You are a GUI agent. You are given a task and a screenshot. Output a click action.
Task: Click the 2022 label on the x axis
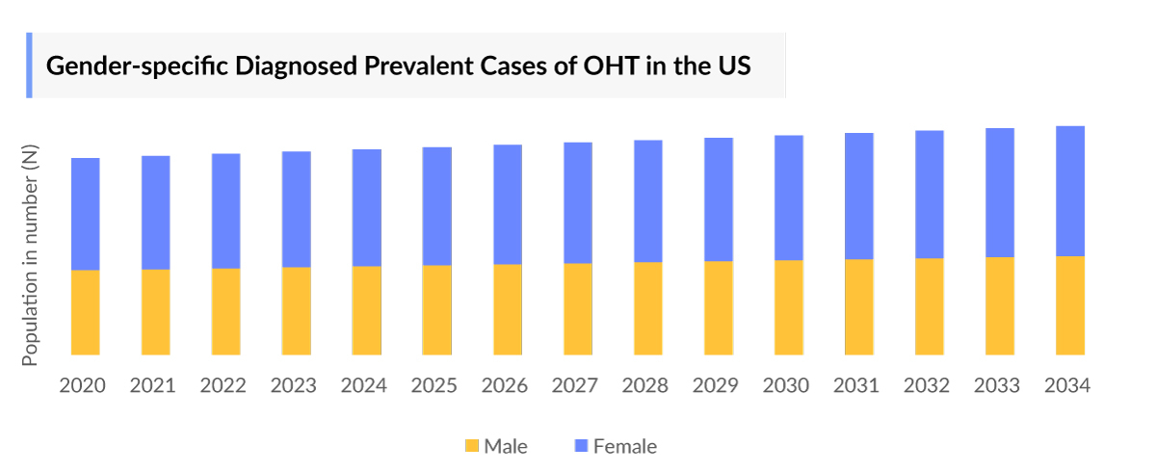223,385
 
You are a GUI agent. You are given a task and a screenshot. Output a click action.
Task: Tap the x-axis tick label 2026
505,385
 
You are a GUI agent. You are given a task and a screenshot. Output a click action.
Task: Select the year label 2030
786,385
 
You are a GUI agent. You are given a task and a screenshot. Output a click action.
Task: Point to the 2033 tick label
997,385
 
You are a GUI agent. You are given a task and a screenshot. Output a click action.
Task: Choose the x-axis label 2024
364,385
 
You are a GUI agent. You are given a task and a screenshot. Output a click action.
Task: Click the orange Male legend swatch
472,446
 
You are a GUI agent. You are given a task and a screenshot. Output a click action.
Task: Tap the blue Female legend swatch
581,446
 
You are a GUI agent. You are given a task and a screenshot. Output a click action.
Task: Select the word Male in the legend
506,446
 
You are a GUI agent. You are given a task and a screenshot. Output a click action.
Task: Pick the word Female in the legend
625,446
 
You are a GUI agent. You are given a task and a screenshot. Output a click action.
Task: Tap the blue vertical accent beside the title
29,65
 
